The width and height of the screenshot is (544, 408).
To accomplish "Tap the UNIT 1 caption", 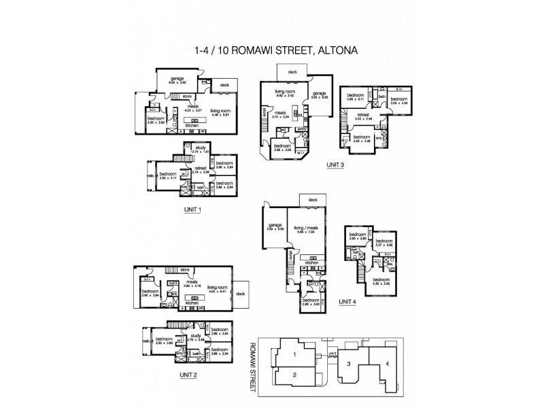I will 192,210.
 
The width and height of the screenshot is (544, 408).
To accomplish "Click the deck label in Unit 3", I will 292,71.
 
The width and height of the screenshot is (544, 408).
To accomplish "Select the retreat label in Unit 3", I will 364,116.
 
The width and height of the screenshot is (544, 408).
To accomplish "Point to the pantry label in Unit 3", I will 303,128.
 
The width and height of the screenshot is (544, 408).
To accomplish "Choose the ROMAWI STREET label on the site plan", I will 254,368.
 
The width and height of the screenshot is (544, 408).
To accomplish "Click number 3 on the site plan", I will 350,364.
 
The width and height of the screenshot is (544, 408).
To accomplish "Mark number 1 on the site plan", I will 294,354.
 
